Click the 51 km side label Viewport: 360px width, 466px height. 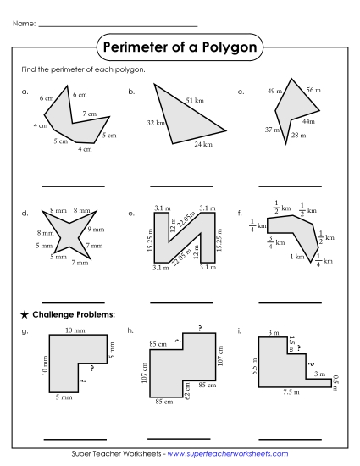(x=195, y=100)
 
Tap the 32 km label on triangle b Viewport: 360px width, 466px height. (x=155, y=124)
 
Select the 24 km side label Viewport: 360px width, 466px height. (x=202, y=145)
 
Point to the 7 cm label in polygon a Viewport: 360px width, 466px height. (x=90, y=113)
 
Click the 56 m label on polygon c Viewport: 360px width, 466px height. (x=313, y=89)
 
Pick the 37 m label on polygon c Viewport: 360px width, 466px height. (x=270, y=130)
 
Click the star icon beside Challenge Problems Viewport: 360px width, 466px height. (x=24, y=314)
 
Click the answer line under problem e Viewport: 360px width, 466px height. (x=181, y=302)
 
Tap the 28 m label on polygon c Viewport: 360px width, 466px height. (x=298, y=136)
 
